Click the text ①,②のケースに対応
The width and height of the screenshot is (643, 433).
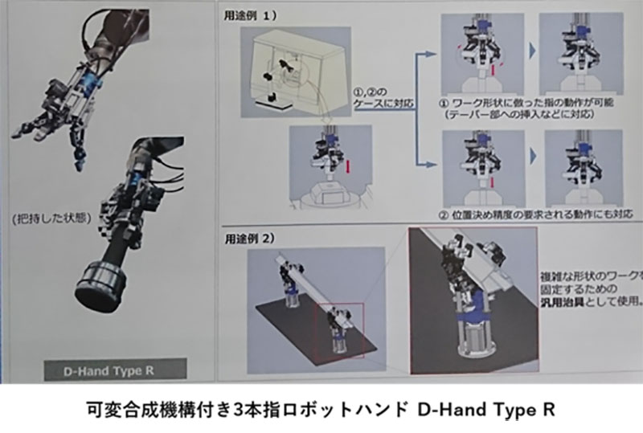click(x=377, y=96)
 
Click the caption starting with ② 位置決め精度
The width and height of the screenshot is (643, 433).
click(x=523, y=214)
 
